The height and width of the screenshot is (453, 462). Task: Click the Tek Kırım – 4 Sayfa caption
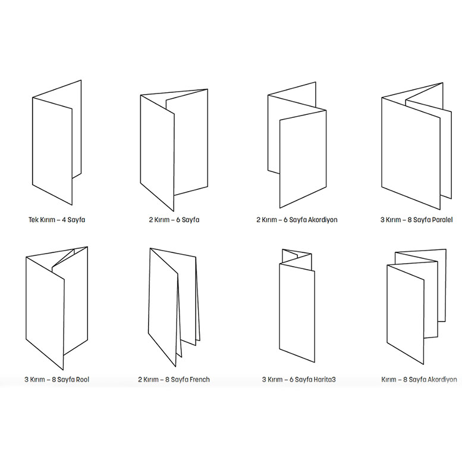pyautogui.click(x=56, y=220)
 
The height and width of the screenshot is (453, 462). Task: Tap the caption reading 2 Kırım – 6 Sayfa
pyautogui.click(x=174, y=220)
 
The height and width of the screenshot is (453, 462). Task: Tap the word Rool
pyautogui.click(x=81, y=379)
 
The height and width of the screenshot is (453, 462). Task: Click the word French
pyautogui.click(x=199, y=379)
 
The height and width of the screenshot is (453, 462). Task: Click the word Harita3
pyautogui.click(x=325, y=379)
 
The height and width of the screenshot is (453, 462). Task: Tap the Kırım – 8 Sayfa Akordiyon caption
pyautogui.click(x=419, y=379)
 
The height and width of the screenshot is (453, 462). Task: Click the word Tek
pyautogui.click(x=33, y=220)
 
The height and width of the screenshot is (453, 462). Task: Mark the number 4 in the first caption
pyautogui.click(x=64, y=220)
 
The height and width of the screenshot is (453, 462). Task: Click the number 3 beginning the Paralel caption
pyautogui.click(x=382, y=220)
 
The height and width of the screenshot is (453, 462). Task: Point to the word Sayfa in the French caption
pyautogui.click(x=178, y=379)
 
